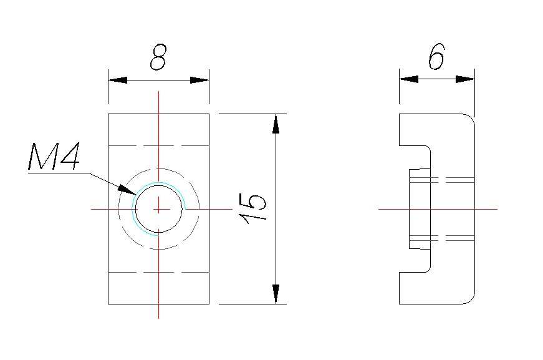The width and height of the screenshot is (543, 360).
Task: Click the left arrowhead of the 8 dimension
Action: [116, 80]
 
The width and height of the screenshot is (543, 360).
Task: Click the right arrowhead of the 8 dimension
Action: [200, 80]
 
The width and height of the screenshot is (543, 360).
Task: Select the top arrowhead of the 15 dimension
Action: [276, 123]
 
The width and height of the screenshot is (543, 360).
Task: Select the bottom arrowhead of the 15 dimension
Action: [276, 295]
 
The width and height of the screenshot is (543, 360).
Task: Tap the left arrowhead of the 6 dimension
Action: [408, 79]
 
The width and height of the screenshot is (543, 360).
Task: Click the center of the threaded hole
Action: [159, 208]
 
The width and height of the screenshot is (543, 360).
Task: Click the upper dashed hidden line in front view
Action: [159, 145]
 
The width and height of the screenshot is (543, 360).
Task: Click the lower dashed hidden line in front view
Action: [159, 273]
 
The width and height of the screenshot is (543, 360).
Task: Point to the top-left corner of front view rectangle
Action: [108, 114]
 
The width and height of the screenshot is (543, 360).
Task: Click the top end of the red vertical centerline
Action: [159, 92]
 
